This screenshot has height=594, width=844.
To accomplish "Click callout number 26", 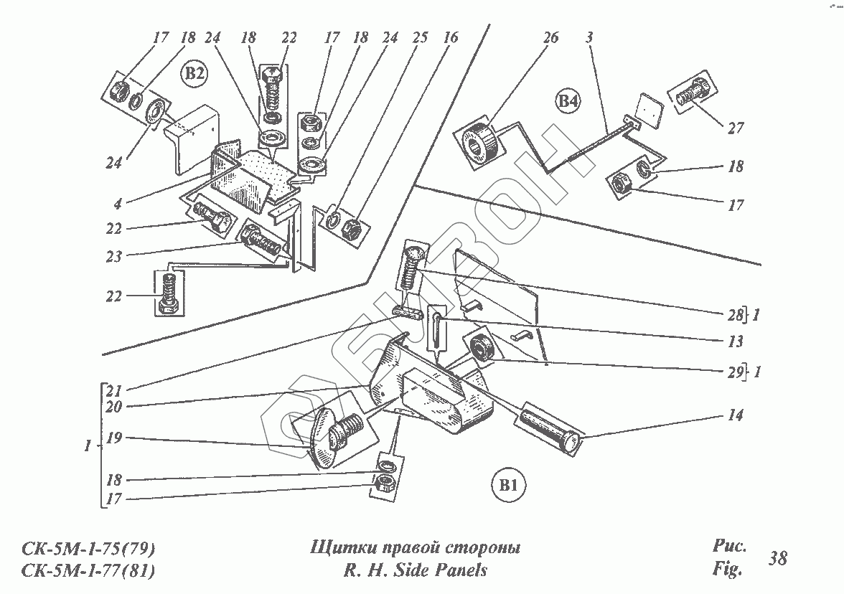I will point(550,37).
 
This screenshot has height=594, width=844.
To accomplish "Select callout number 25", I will point(421,37).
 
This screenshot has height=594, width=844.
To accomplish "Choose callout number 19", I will point(113,438).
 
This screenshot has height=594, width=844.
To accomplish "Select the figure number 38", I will point(777,558).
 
